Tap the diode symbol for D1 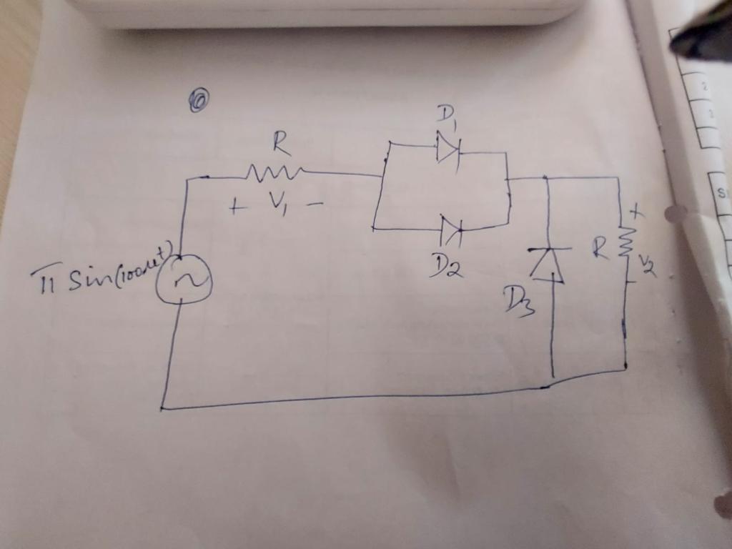[x=448, y=149]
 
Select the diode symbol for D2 [x=451, y=230]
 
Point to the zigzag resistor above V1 [x=274, y=172]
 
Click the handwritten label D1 [x=448, y=117]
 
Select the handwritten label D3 [x=518, y=300]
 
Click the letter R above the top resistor [x=281, y=145]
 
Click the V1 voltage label [x=280, y=204]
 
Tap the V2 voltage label [x=647, y=267]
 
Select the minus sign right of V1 [x=315, y=206]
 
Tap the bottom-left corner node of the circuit [x=162, y=408]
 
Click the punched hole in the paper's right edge [x=673, y=213]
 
